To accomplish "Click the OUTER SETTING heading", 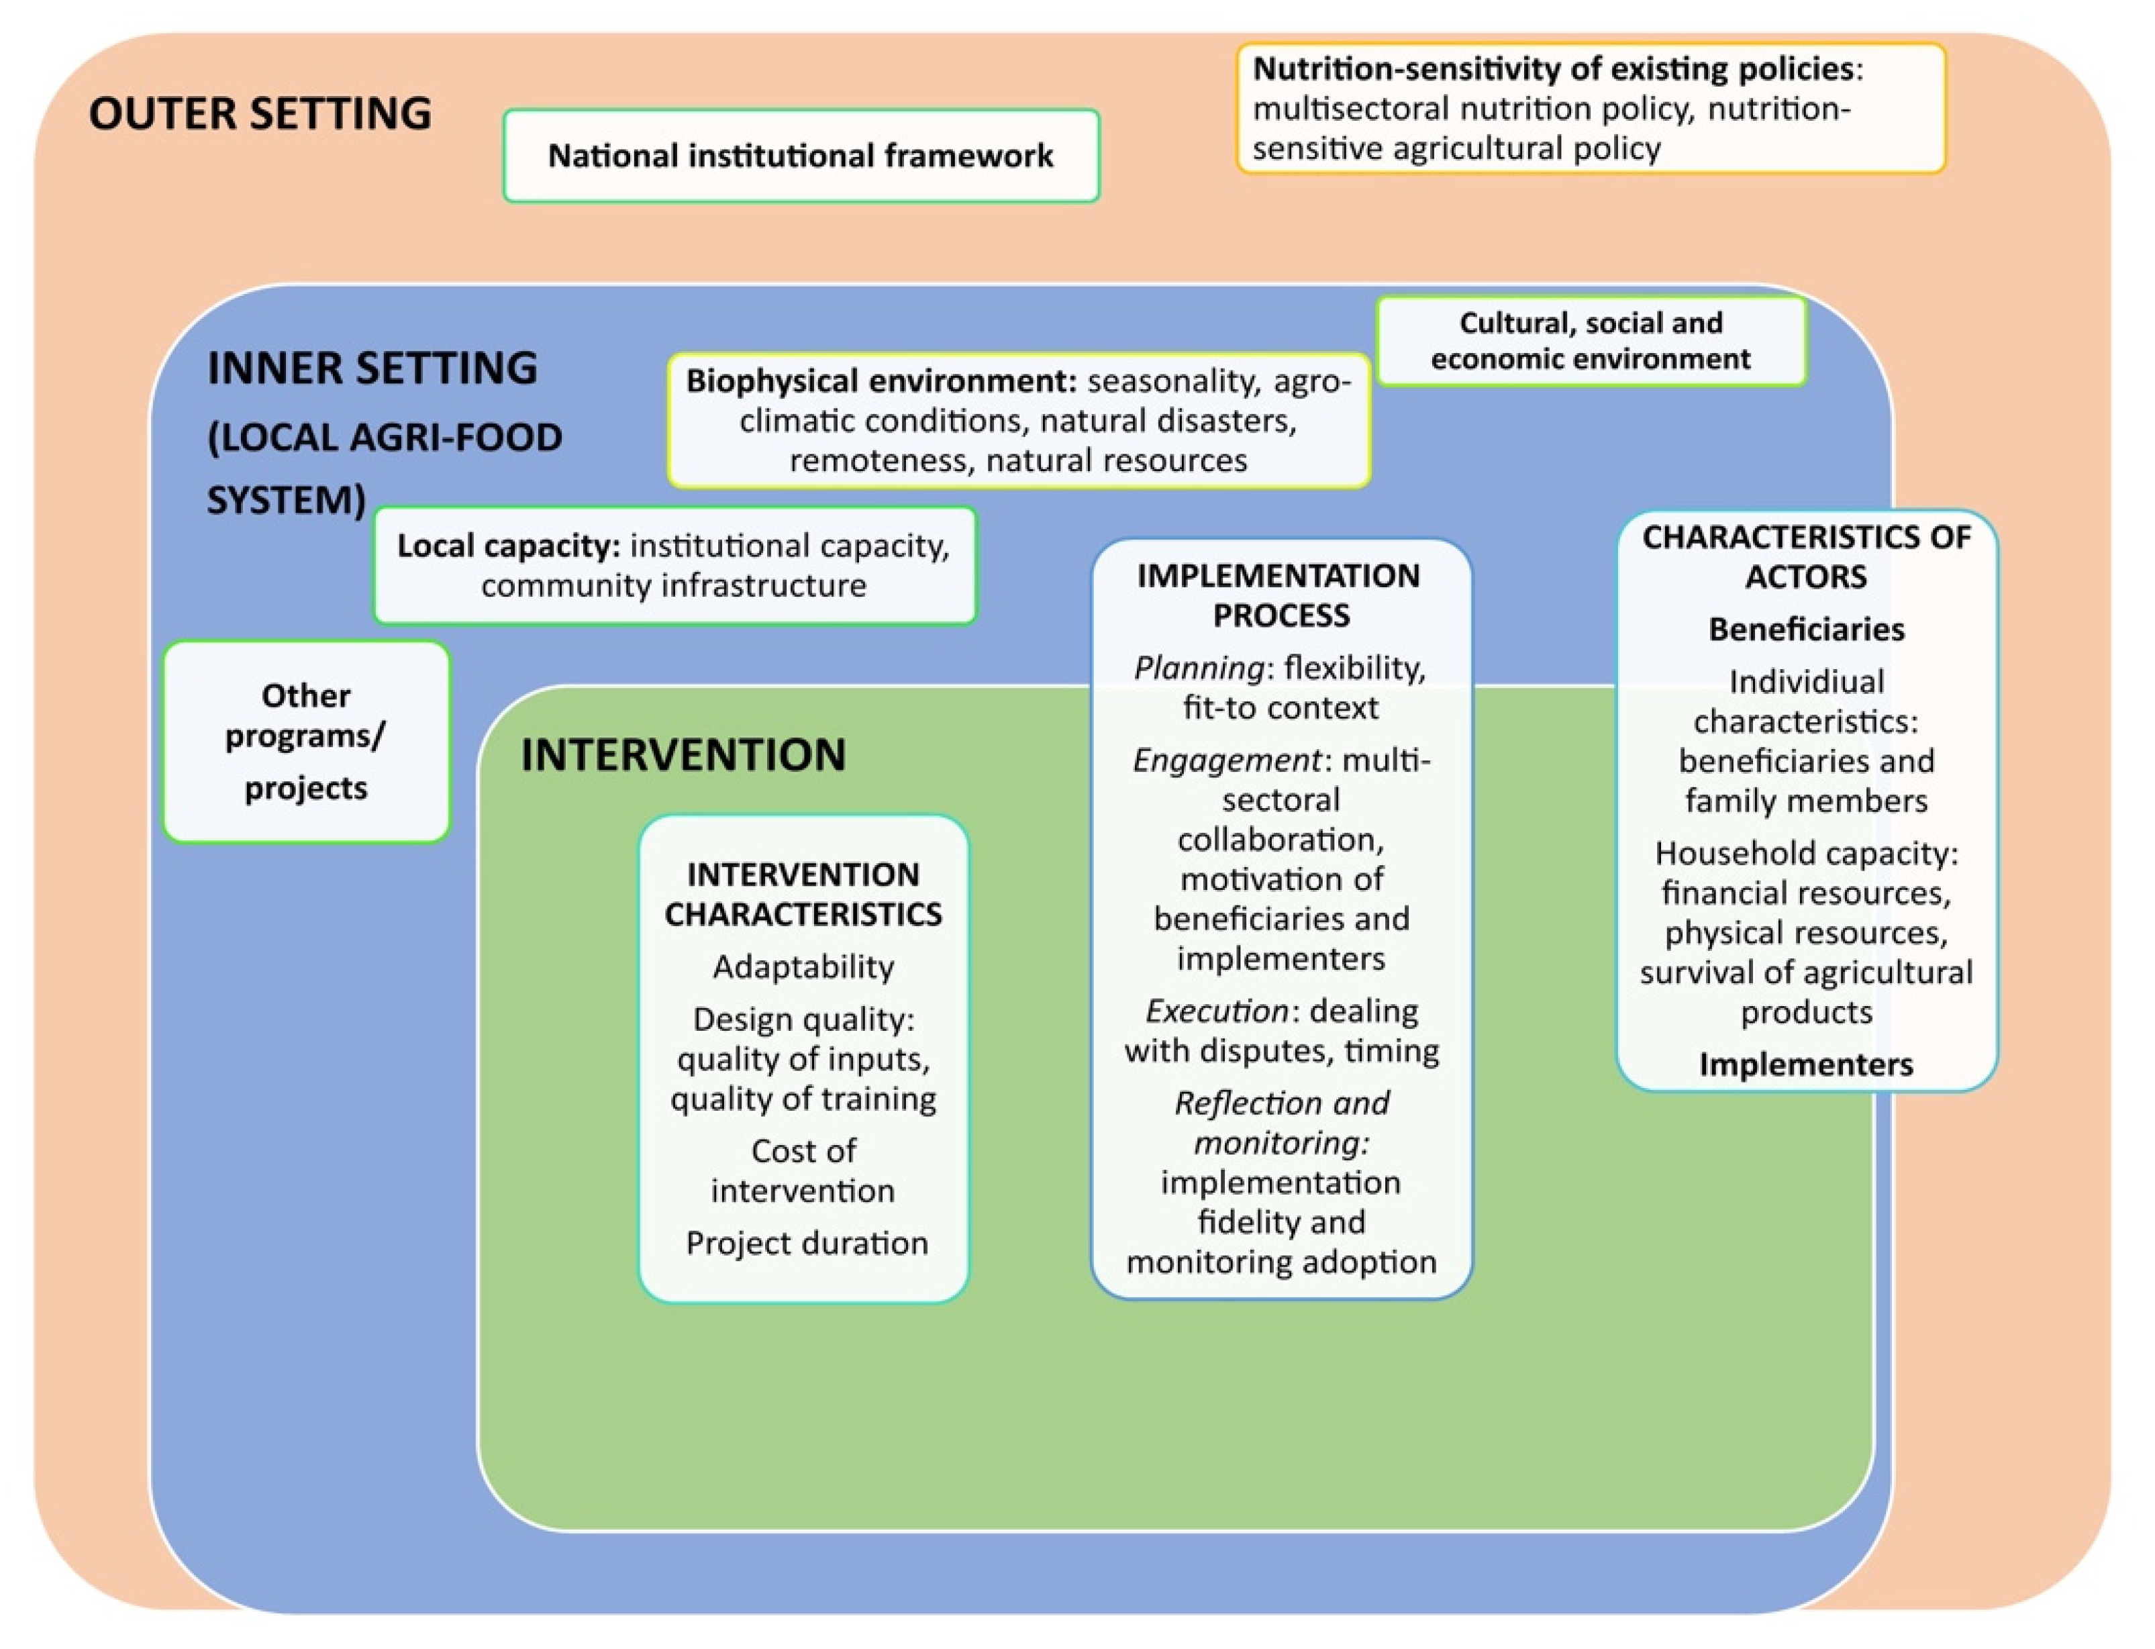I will coord(260,114).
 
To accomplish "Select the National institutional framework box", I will coord(801,156).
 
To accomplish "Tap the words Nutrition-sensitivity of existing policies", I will coord(1552,68).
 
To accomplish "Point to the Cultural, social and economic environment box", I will coord(1590,340).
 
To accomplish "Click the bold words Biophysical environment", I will coord(881,381).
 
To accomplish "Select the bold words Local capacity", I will coord(507,546).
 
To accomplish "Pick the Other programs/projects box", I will coord(305,742).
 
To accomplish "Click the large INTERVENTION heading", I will coord(683,755).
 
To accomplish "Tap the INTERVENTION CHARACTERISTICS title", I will coord(803,894).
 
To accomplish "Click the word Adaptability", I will coord(803,967).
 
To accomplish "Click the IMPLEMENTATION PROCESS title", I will coord(1280,595).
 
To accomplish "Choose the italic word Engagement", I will coord(1225,760).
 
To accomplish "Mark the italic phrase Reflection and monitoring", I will coord(1281,1123).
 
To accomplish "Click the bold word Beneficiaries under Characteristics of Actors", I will coord(1805,629).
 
